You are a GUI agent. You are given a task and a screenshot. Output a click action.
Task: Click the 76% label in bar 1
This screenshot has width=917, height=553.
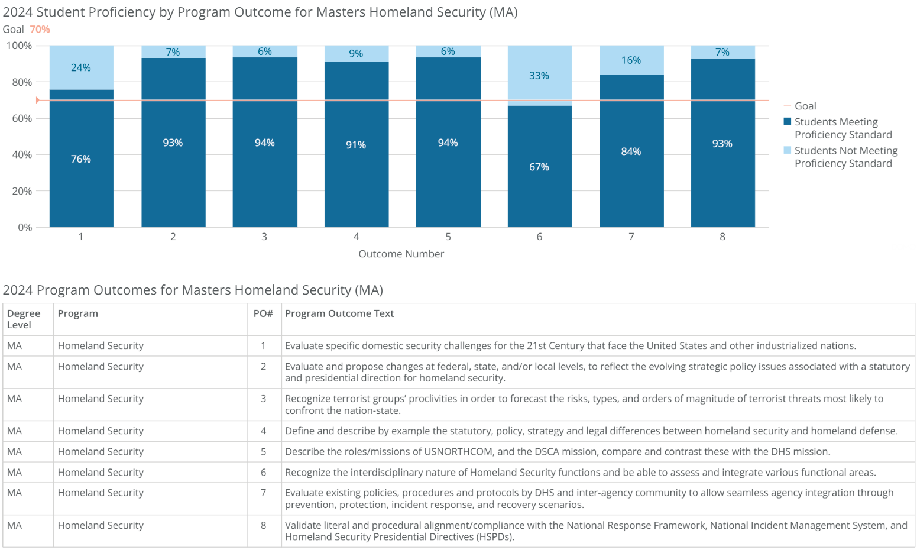(x=81, y=159)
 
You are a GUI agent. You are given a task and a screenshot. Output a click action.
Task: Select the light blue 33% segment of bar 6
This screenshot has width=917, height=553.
(x=539, y=75)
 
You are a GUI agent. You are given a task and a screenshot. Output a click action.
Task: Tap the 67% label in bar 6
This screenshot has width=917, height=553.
(x=539, y=167)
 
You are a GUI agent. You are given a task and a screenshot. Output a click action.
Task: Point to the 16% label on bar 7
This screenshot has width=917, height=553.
(x=631, y=60)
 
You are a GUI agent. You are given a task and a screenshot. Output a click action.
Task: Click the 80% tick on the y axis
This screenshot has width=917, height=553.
(x=22, y=82)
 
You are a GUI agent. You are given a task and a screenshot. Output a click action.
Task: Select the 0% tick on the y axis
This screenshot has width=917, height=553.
(x=25, y=227)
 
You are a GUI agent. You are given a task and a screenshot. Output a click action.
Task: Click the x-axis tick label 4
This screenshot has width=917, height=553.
(x=356, y=237)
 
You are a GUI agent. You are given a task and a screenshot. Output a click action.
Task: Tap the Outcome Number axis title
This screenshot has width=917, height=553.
(x=401, y=254)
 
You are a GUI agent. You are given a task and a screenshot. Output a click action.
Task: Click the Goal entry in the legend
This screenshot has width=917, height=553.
(x=805, y=106)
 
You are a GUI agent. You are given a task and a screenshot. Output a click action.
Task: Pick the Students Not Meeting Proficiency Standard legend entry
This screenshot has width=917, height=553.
(x=845, y=157)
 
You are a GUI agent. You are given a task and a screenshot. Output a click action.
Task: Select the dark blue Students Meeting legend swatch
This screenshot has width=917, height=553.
(x=787, y=122)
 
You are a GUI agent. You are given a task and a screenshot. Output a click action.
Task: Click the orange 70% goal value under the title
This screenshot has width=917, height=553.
(x=40, y=30)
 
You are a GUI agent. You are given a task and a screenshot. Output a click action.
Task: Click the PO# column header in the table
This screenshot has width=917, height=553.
(x=263, y=313)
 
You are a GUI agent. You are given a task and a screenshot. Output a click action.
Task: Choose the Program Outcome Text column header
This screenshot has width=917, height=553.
(x=339, y=313)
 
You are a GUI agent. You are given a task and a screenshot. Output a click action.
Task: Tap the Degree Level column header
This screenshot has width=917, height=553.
(x=24, y=319)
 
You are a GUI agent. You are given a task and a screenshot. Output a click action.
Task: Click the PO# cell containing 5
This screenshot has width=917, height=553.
(x=264, y=451)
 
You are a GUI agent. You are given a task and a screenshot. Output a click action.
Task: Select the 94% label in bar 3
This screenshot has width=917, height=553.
(x=264, y=143)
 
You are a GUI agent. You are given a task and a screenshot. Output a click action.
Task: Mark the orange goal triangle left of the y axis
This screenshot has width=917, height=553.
(x=37, y=100)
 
